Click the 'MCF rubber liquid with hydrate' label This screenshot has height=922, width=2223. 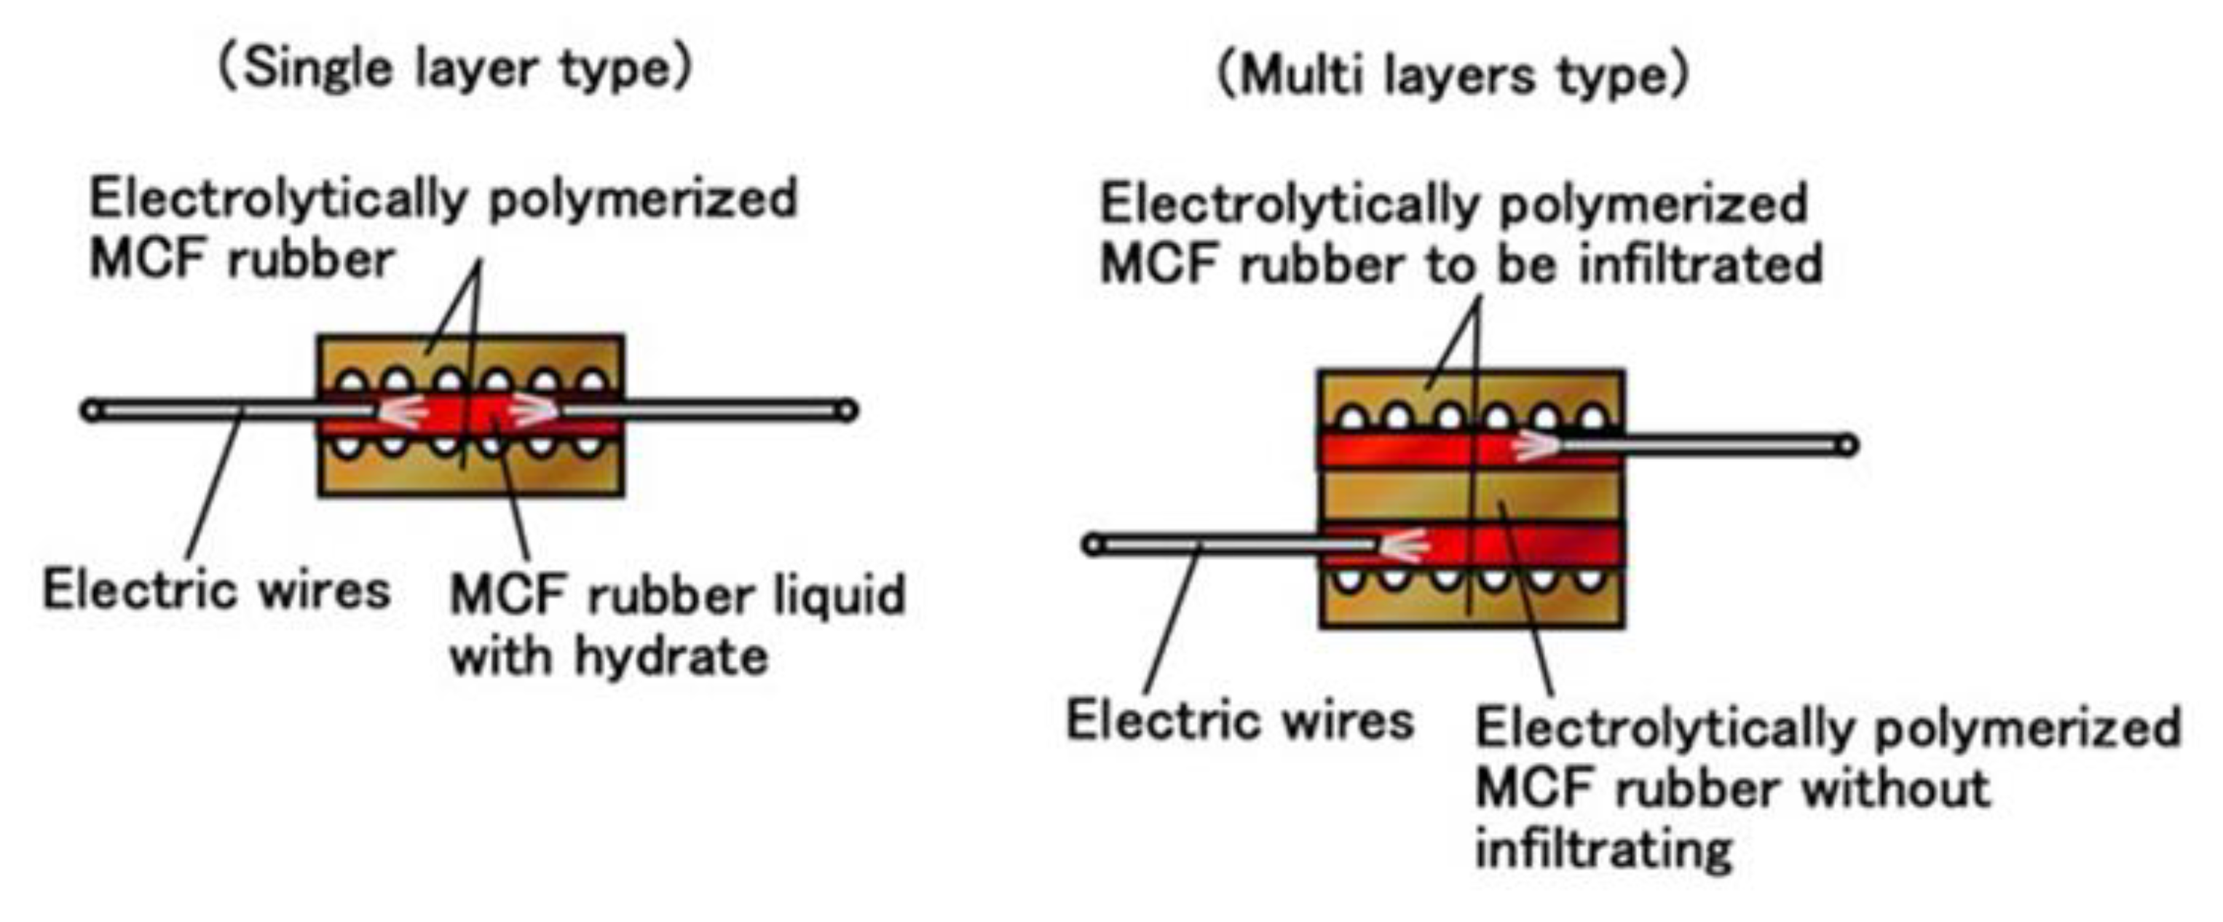[677, 625]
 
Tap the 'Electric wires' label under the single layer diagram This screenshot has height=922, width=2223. [216, 591]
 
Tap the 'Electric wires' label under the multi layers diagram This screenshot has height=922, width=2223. [1240, 721]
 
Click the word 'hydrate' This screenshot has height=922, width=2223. [671, 657]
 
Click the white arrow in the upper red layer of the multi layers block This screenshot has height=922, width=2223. [1534, 446]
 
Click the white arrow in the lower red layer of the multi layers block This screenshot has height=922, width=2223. [1403, 545]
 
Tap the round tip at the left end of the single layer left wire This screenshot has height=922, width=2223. [92, 410]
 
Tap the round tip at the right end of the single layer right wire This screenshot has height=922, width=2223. [848, 410]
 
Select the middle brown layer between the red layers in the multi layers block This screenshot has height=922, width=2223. [1398, 497]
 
